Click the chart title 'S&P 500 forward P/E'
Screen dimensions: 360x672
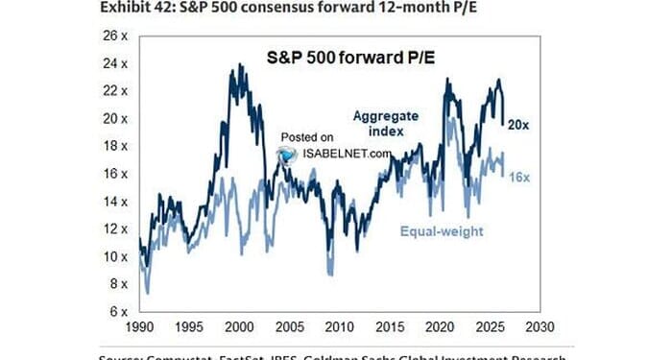coord(337,57)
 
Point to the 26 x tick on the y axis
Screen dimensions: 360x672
coord(115,36)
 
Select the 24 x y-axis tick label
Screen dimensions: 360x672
coord(115,63)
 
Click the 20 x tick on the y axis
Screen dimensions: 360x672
coord(115,118)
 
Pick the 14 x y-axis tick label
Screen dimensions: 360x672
coord(115,202)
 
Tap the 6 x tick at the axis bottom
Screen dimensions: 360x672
coord(118,312)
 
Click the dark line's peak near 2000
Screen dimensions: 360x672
coord(233,65)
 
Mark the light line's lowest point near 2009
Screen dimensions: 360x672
coord(329,275)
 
